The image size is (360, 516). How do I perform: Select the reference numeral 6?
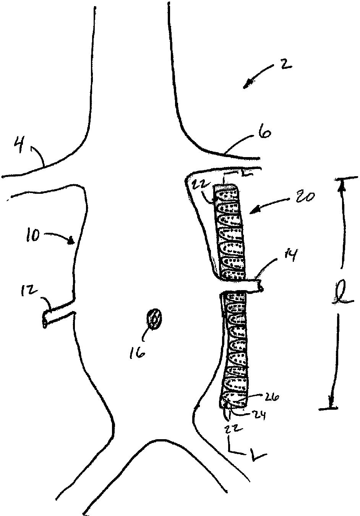click(x=266, y=133)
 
